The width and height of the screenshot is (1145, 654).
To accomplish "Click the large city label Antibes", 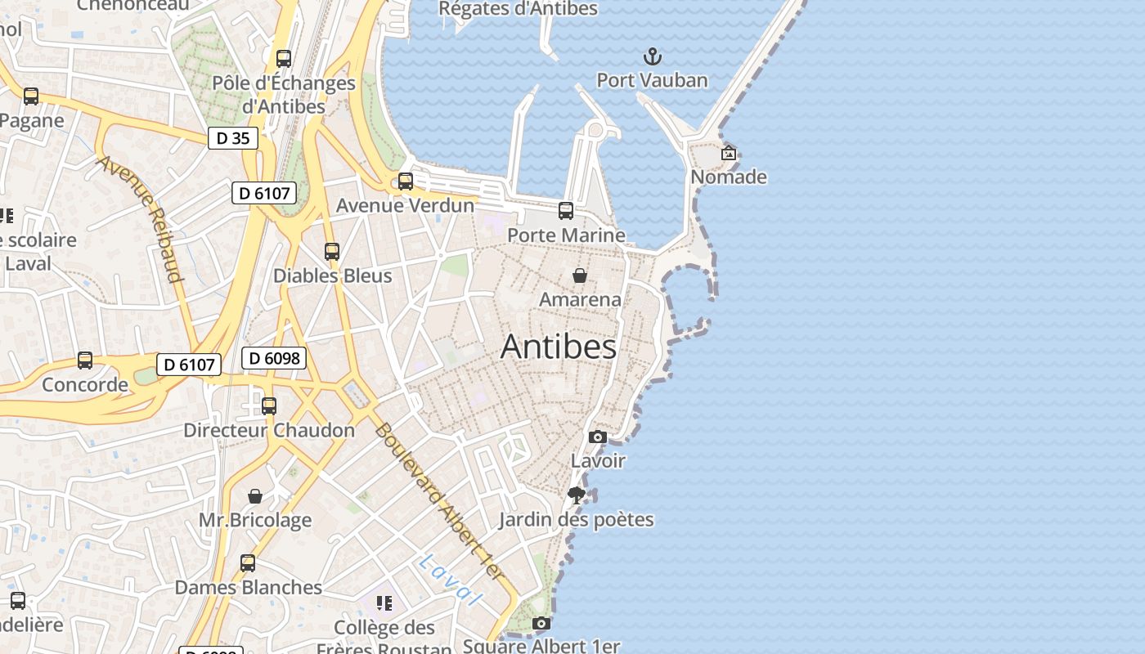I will pos(559,347).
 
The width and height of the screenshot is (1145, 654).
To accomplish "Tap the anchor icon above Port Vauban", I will pos(652,56).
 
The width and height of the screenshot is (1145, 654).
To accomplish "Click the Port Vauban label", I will pos(652,80).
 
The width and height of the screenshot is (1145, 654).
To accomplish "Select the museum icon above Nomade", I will pos(728,153).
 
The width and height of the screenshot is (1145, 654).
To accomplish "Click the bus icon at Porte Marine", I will pos(566,211).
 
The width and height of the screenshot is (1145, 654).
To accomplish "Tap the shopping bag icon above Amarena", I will pos(580,275).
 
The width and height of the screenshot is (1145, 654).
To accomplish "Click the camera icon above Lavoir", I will pos(598,437).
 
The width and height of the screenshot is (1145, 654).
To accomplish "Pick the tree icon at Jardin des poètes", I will pos(577,495).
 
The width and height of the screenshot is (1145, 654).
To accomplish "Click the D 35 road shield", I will pos(232,138).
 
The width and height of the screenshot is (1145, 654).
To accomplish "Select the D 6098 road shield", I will pos(274,358).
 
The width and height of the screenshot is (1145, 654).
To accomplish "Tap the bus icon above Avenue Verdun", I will pos(406,181).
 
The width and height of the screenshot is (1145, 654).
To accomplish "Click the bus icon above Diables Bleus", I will pos(332,252).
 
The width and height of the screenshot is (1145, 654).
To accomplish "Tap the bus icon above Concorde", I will pos(85,361).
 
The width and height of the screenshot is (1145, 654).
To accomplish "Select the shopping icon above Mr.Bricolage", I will pos(255,496).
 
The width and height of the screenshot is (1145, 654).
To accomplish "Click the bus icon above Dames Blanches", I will pos(248,563).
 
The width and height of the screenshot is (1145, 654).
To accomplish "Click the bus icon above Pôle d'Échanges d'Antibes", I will pos(284,59).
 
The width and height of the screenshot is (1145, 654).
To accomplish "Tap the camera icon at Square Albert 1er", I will pos(541,624).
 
